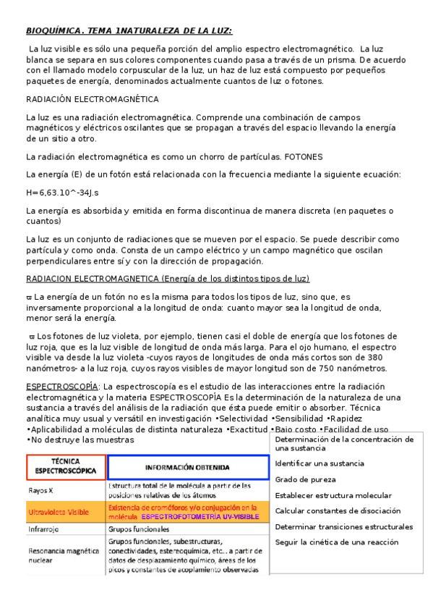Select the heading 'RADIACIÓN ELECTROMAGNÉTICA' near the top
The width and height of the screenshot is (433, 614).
click(x=93, y=98)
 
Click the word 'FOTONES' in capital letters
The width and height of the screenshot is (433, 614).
click(x=304, y=156)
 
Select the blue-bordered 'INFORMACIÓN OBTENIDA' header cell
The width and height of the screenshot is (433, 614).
click(x=187, y=467)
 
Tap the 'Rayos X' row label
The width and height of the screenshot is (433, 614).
click(x=42, y=489)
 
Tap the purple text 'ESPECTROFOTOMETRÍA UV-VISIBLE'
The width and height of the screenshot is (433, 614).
click(x=200, y=518)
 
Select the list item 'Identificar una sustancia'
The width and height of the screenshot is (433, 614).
click(x=320, y=463)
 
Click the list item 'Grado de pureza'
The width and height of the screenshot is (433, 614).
click(x=305, y=479)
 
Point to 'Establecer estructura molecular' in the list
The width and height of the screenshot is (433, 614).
click(x=333, y=495)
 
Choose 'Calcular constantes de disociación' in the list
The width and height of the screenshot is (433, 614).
click(x=337, y=511)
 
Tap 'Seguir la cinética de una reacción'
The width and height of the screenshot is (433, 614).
click(x=337, y=542)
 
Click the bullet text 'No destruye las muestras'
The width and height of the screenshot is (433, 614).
click(x=72, y=440)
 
